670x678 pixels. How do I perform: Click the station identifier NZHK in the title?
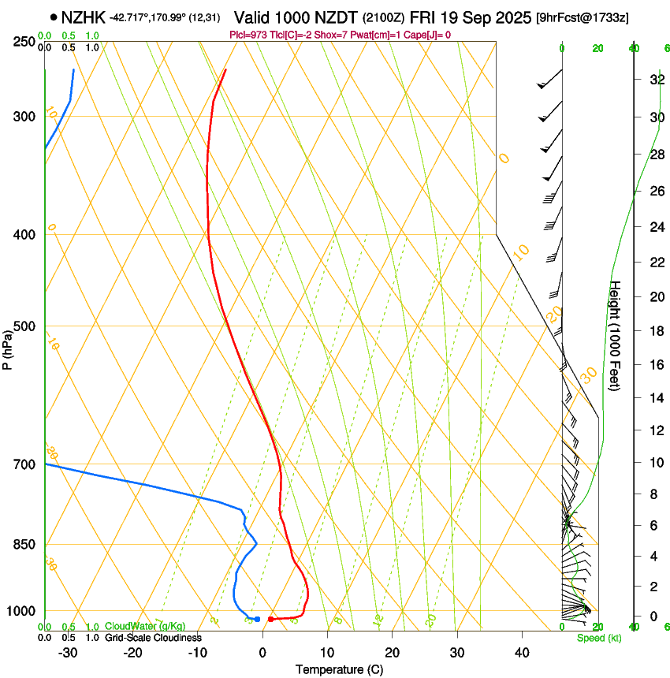84,17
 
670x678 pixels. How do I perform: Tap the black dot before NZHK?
54,17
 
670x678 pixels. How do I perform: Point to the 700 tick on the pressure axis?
24,464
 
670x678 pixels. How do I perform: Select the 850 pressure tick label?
24,545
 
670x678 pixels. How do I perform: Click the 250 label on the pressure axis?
24,41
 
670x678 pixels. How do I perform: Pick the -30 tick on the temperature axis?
68,652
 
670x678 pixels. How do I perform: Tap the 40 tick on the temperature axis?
521,652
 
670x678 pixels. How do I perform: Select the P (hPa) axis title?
7,345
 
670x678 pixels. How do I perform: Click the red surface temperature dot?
270,619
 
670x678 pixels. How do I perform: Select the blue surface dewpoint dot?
257,619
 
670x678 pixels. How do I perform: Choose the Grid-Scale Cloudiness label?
153,637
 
